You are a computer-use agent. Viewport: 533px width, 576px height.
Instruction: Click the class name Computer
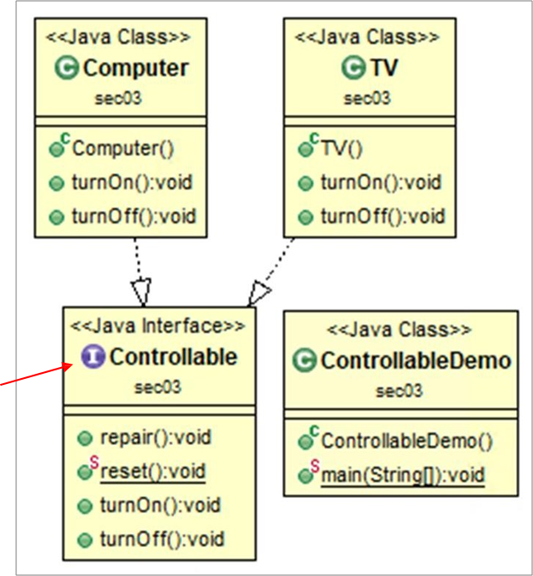(136, 68)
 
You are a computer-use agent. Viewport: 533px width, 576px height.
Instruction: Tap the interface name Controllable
(173, 358)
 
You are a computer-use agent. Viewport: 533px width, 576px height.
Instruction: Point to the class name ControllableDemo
(416, 361)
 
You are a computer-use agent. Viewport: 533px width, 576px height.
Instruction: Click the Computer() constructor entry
(123, 149)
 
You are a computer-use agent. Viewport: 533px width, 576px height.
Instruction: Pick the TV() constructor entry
(342, 149)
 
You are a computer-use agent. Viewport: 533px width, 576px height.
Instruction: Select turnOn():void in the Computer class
(134, 183)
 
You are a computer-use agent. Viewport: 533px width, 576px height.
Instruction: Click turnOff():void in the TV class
(382, 216)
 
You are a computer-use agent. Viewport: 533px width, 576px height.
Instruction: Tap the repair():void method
(156, 438)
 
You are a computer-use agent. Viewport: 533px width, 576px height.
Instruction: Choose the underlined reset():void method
(153, 472)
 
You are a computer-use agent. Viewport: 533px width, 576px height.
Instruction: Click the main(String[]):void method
(402, 475)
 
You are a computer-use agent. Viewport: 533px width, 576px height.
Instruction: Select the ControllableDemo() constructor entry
(406, 442)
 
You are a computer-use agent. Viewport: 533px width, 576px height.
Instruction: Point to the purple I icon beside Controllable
(94, 358)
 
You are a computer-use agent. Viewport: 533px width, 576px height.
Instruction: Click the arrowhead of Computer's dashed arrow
(142, 292)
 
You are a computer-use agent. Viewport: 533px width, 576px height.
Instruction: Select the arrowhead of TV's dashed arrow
(258, 294)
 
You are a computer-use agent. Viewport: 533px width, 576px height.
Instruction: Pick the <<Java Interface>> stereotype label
(158, 326)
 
